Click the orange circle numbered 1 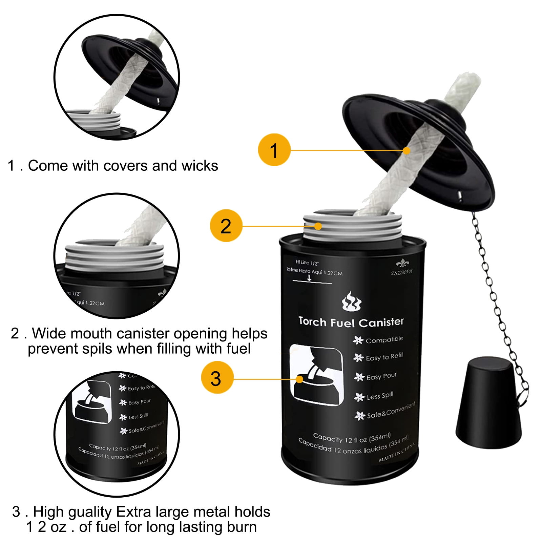[x=274, y=150]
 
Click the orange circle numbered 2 [x=226, y=226]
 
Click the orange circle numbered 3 [x=217, y=378]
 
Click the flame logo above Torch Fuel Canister [x=351, y=301]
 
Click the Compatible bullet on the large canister [x=384, y=339]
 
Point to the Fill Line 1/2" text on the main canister [x=307, y=263]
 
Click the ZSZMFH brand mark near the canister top [x=401, y=272]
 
